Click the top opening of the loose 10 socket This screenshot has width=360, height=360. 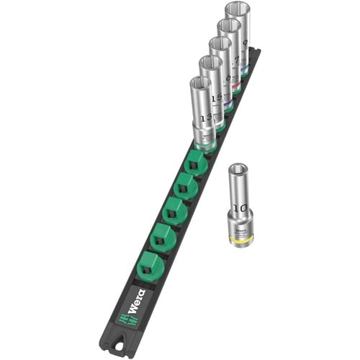click(238, 171)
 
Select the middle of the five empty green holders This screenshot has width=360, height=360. click(172, 213)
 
